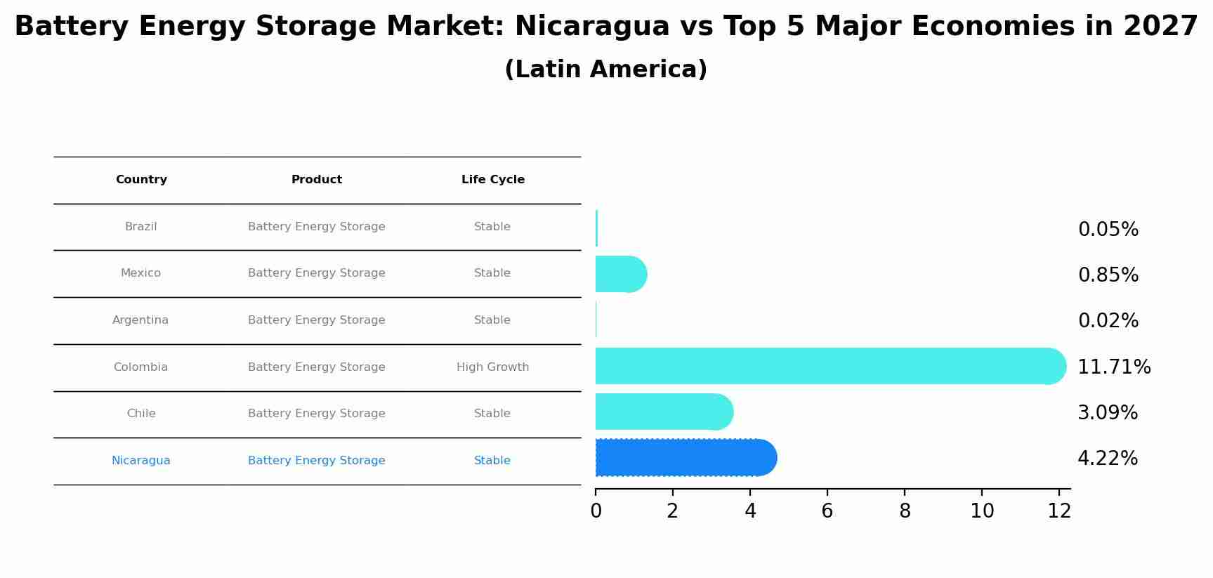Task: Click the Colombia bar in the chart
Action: click(x=829, y=366)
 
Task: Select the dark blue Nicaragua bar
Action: click(x=685, y=458)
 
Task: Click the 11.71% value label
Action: click(x=1114, y=367)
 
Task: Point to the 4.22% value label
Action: click(x=1108, y=459)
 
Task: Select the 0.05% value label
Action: click(x=1108, y=230)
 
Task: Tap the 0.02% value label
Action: click(x=1108, y=321)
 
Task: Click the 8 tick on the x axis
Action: click(x=905, y=511)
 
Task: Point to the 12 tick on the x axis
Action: click(x=1059, y=511)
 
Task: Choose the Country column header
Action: click(x=141, y=180)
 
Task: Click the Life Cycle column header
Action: click(x=493, y=180)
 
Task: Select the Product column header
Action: click(x=317, y=180)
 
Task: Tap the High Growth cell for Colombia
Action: click(x=493, y=367)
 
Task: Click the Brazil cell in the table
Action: click(x=141, y=227)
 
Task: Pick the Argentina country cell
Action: click(x=140, y=320)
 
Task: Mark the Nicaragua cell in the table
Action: click(x=141, y=461)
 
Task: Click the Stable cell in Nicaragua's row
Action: click(x=492, y=461)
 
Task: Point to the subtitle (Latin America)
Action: click(x=606, y=70)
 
